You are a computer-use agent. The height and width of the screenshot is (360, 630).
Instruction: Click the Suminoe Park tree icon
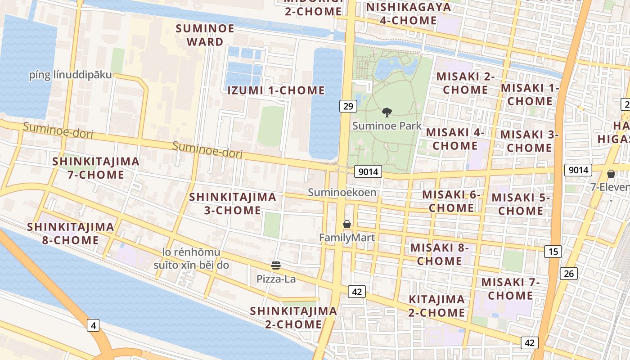click(387, 112)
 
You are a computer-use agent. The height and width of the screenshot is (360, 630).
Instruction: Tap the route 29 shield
click(348, 106)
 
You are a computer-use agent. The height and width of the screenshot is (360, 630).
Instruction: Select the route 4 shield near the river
click(93, 325)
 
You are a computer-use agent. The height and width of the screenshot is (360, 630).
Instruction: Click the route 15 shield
click(553, 251)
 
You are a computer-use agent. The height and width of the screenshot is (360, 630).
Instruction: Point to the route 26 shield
click(569, 273)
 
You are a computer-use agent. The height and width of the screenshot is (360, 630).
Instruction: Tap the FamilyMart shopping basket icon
click(347, 224)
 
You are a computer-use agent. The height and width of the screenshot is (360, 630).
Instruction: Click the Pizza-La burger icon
click(276, 266)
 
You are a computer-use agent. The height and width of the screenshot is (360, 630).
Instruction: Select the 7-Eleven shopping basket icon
click(611, 174)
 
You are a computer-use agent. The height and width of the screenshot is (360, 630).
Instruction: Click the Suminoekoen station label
click(342, 193)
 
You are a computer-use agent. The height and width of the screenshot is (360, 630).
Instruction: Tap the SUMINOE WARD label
click(205, 35)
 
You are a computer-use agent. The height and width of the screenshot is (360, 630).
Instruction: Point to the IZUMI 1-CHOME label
click(276, 90)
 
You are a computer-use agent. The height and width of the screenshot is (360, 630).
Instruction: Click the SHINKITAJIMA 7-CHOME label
click(96, 168)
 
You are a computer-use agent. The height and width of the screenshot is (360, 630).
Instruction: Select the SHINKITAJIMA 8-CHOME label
click(71, 233)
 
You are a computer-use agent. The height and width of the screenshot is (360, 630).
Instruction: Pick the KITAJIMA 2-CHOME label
click(436, 306)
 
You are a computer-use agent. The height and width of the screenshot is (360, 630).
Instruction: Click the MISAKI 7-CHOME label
click(510, 289)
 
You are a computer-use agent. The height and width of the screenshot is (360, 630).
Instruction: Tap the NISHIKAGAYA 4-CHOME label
click(408, 13)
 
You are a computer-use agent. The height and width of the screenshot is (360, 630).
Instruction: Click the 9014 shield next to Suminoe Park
click(368, 171)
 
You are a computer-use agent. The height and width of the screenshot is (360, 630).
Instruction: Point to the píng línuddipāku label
click(70, 75)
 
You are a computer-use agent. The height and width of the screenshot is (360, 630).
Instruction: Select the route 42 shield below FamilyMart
click(357, 292)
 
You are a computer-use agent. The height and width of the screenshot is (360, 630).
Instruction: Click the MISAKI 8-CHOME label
click(439, 254)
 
